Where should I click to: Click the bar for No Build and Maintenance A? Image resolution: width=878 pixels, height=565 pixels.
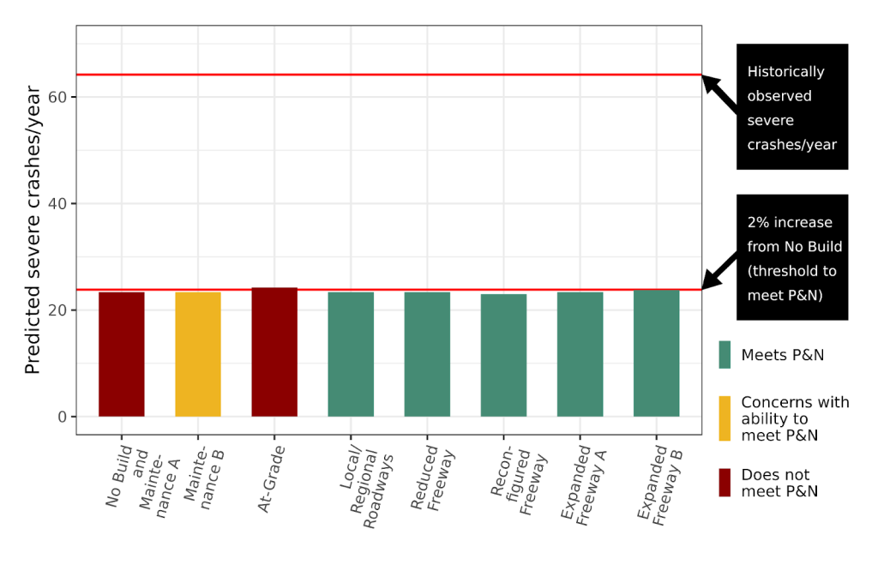tap(122, 354)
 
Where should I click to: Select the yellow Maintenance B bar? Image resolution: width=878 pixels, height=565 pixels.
tap(198, 354)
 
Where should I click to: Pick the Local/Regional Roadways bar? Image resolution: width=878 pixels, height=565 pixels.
tap(351, 354)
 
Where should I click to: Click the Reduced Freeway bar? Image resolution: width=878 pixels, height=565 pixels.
tap(427, 354)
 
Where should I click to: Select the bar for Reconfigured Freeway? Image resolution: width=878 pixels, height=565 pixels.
tap(503, 355)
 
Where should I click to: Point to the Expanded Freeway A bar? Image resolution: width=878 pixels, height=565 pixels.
tap(580, 354)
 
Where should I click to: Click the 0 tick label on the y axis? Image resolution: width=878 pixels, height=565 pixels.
tap(63, 417)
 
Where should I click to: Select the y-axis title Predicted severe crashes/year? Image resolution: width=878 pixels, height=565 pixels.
tap(33, 230)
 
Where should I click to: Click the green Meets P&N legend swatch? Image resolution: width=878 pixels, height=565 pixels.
tap(725, 355)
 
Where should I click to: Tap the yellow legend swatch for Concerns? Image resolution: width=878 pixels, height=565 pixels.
tap(725, 418)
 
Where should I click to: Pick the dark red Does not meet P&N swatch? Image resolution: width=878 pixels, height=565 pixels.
tap(725, 482)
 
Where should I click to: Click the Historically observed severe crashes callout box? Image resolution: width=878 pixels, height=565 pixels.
tap(791, 107)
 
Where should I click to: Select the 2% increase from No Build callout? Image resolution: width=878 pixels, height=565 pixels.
tap(791, 257)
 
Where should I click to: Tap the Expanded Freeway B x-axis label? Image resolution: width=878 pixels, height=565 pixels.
tap(654, 484)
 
